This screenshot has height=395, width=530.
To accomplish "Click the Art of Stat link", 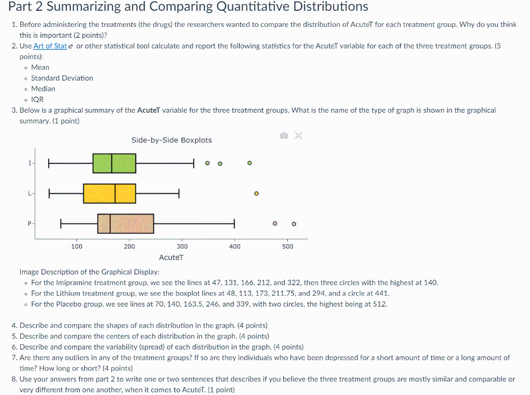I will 50,46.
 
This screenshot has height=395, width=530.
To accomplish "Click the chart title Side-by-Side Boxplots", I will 171,140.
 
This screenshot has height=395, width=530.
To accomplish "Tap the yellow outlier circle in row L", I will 256,194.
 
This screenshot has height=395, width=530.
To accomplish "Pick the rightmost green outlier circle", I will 249,163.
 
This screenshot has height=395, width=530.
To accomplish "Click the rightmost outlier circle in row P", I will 294,224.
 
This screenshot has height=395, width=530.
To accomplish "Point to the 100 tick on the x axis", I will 77,247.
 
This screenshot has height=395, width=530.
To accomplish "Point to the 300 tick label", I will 182,247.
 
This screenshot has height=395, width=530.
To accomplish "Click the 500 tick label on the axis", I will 288,247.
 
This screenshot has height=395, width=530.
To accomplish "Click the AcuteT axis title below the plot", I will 171,257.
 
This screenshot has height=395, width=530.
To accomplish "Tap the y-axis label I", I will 30,163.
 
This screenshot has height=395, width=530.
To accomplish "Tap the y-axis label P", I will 30,224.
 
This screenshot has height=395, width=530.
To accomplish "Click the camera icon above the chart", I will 283,136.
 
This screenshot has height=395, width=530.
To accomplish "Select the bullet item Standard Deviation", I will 62,78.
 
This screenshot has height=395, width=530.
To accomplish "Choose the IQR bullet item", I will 37,99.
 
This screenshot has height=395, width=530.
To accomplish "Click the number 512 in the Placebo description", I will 379,304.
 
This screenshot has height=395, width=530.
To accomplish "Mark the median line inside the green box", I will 112,163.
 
